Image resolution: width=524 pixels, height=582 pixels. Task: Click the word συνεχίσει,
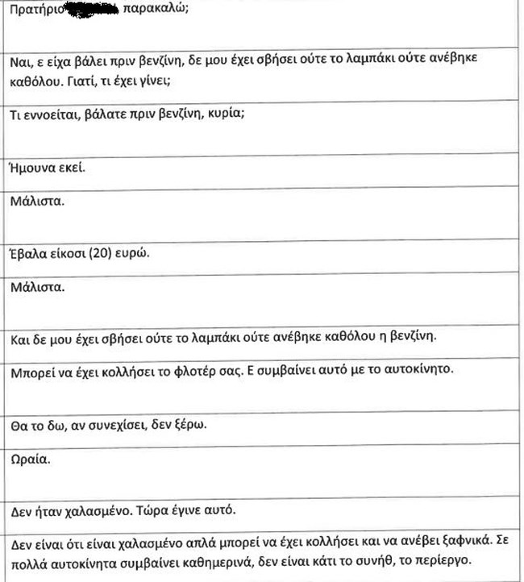(115, 425)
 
